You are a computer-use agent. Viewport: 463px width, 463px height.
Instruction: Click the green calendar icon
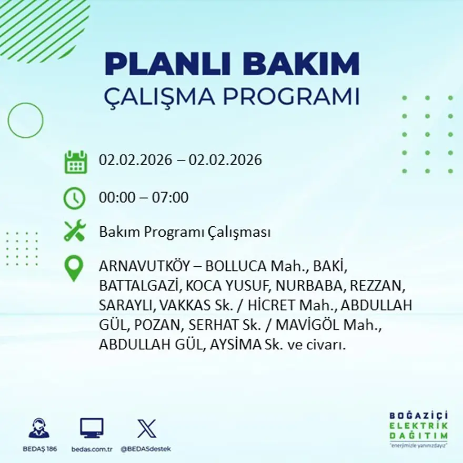pos(76,162)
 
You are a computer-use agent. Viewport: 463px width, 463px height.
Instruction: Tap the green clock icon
pos(75,198)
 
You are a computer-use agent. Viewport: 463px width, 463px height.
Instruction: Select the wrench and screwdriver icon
pos(75,231)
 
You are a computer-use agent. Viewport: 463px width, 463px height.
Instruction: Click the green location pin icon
pos(74,268)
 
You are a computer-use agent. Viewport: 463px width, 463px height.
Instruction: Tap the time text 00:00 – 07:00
pos(144,198)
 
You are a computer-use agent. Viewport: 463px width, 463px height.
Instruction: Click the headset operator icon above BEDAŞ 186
pos(39,428)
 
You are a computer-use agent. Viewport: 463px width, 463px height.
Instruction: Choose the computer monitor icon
pos(92,428)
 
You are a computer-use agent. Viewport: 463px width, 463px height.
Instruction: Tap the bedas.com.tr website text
pos(92,449)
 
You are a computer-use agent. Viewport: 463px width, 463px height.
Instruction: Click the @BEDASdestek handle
pos(146,449)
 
